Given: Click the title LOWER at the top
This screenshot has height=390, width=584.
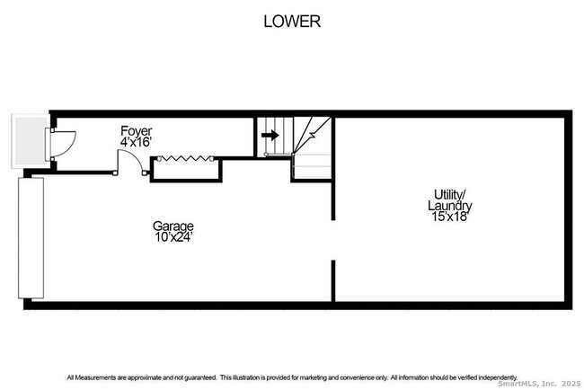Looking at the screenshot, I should click(291, 22).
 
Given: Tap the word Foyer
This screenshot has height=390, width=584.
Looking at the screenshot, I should click(137, 131).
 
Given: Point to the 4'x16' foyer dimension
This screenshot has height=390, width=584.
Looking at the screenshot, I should click(137, 143).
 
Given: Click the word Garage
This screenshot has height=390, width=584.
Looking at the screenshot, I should click(173, 226).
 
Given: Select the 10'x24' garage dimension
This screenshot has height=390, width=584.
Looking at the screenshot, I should click(173, 237).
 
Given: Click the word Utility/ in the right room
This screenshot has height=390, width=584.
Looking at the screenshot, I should click(450, 194).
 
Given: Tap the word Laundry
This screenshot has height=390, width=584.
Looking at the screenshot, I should click(450, 205).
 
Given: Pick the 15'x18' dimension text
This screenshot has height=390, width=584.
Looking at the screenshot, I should click(450, 217).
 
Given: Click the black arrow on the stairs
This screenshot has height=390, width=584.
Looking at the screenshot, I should click(269, 136).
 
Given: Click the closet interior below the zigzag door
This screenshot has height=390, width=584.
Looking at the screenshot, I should click(185, 171).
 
